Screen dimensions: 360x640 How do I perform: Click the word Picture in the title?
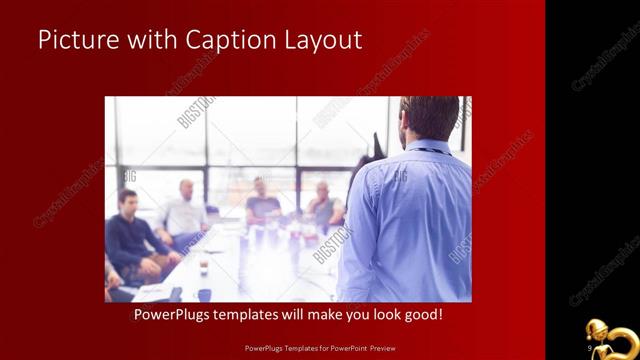(71, 40)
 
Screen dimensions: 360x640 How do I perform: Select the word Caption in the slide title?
(221, 40)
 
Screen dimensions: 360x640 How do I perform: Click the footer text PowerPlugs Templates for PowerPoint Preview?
(319, 346)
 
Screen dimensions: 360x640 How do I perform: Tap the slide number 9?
(592, 346)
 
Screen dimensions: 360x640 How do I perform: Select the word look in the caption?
(385, 315)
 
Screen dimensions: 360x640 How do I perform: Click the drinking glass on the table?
(203, 266)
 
